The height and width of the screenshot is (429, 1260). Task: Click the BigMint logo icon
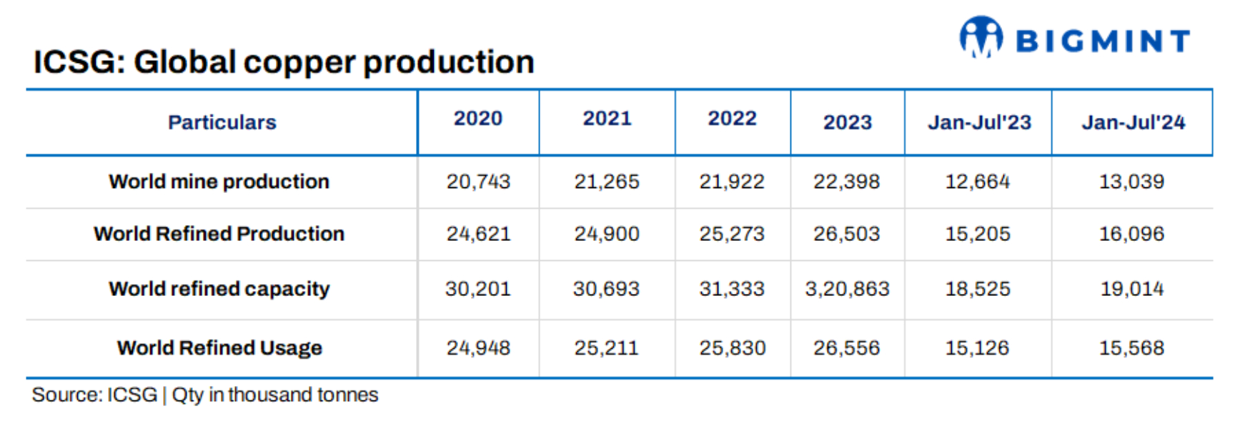tap(981, 36)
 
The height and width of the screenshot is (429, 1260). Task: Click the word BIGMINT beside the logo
tap(1103, 41)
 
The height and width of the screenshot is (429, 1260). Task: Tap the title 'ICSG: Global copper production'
tap(284, 62)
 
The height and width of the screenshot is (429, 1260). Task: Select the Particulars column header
tap(222, 122)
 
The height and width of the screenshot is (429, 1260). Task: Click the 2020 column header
tap(478, 118)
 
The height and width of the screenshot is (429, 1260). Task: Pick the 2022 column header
tap(732, 118)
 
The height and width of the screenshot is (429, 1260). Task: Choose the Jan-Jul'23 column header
tap(979, 122)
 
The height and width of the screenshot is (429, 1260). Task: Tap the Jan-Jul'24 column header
tap(1133, 122)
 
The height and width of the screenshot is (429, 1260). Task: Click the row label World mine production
tap(219, 182)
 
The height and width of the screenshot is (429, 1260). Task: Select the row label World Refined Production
tap(219, 234)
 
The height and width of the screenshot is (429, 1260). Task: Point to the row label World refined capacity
tap(219, 289)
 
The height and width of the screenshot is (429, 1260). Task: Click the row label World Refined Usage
tap(219, 347)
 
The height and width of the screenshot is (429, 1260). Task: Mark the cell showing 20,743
tap(478, 182)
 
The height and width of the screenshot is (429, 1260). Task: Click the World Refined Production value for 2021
tap(607, 234)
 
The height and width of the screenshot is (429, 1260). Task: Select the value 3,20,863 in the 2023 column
tap(847, 289)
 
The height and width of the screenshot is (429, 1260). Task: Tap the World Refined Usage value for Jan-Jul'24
tap(1131, 347)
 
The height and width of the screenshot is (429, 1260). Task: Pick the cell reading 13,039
tap(1131, 182)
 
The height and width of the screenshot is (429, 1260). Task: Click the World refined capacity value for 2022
tap(732, 289)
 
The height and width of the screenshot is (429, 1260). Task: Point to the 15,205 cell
tap(978, 234)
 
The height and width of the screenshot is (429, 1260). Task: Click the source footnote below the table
tap(205, 395)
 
